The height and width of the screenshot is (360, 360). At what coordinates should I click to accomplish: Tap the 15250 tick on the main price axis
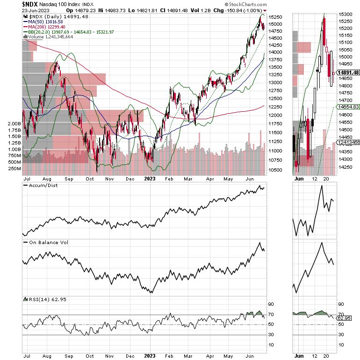click(x=276, y=16)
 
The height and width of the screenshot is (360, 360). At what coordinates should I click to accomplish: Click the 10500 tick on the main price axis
click(x=276, y=170)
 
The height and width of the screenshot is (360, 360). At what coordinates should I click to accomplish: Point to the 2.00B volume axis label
click(x=15, y=123)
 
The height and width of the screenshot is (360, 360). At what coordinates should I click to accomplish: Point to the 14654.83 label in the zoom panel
click(x=350, y=107)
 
